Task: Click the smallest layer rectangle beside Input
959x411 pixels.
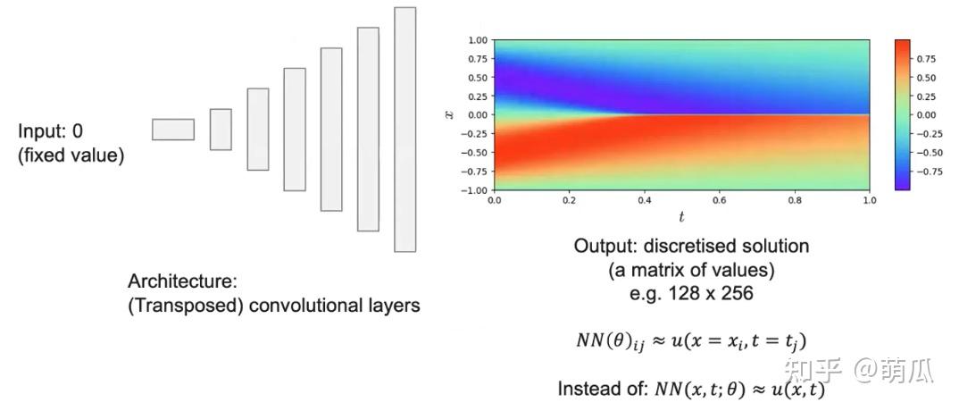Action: pyautogui.click(x=172, y=130)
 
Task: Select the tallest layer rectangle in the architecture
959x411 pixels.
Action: pyautogui.click(x=404, y=130)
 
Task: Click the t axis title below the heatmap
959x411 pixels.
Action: pyautogui.click(x=680, y=217)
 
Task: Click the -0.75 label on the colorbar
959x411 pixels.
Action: pyautogui.click(x=929, y=171)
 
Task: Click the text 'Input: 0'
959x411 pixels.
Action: pyautogui.click(x=51, y=131)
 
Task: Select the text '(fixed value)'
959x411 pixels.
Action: pyautogui.click(x=71, y=155)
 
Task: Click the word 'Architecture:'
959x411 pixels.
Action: pyautogui.click(x=182, y=281)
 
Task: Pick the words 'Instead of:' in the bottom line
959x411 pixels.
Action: pyautogui.click(x=597, y=389)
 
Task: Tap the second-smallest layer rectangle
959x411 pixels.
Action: pyautogui.click(x=221, y=130)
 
